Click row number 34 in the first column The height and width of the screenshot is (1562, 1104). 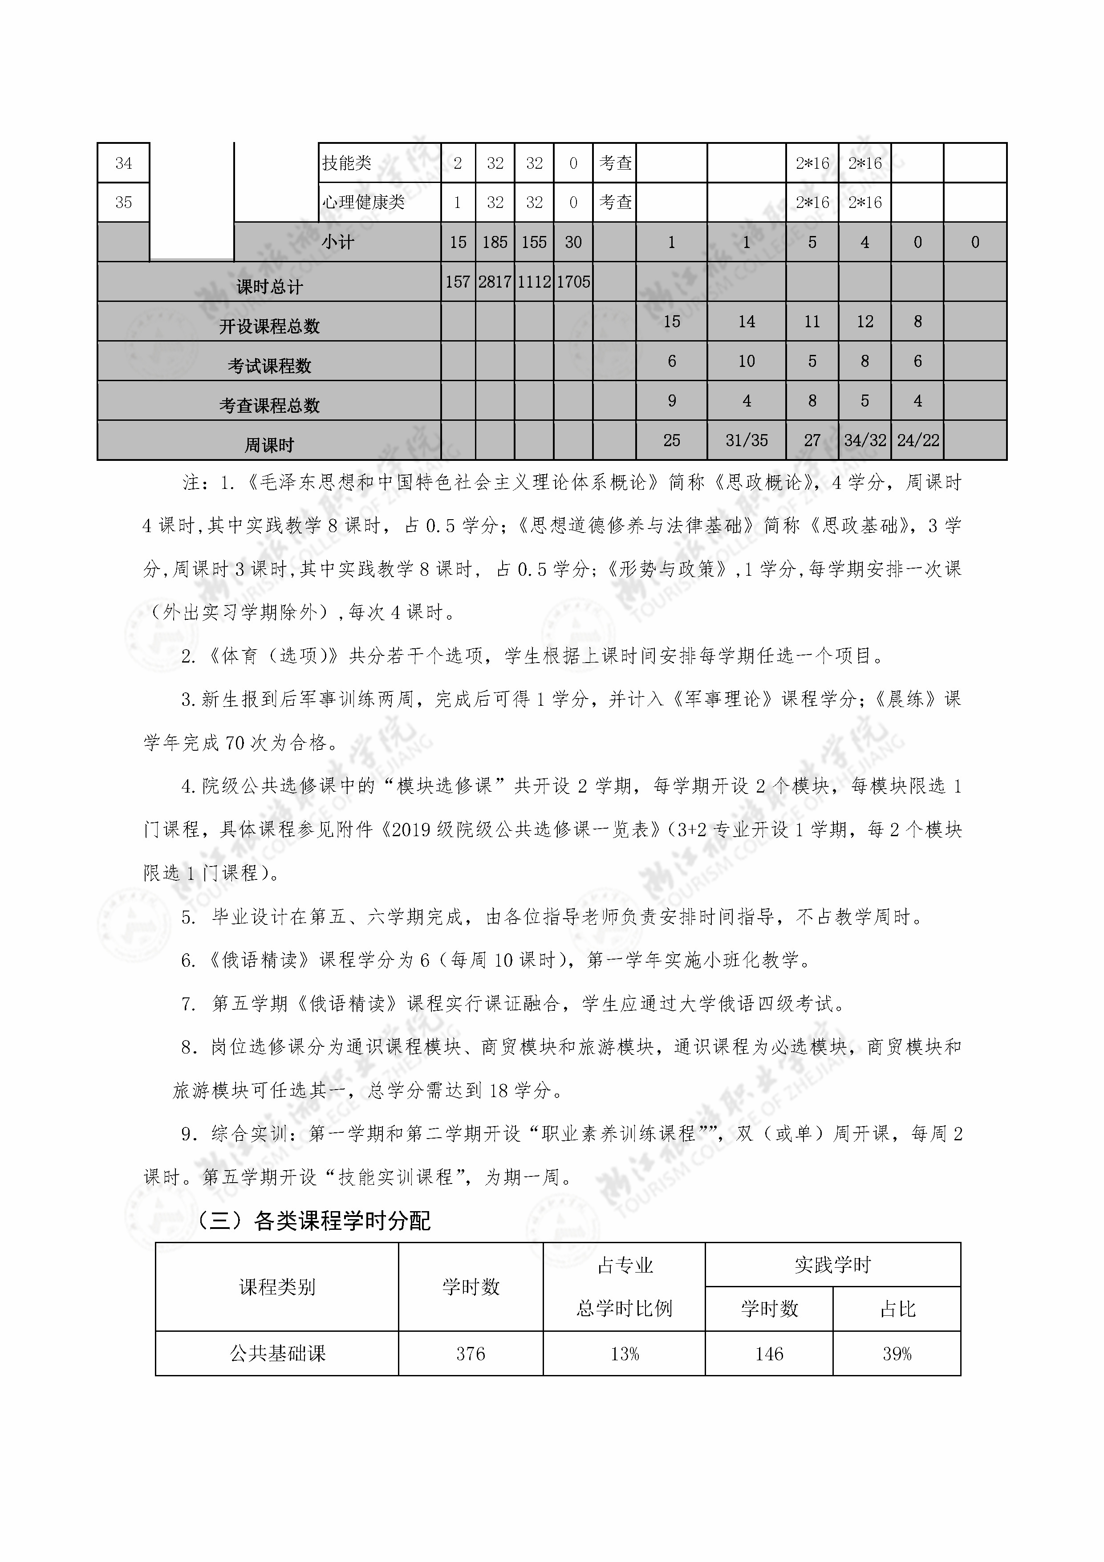pos(123,163)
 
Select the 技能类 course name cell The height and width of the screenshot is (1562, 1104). pos(347,163)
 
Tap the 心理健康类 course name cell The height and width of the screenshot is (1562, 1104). pos(363,203)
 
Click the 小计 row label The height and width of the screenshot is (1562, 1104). pos(337,242)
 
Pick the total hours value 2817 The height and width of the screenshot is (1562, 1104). pos(495,282)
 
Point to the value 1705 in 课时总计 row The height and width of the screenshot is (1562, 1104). pos(573,282)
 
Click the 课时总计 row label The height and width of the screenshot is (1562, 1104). pos(269,286)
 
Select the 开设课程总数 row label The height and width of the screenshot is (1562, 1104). pos(269,326)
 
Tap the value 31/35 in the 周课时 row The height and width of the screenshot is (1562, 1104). pos(746,441)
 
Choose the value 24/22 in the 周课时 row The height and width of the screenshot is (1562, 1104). pos(917,441)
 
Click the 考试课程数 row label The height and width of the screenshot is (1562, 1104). pos(269,366)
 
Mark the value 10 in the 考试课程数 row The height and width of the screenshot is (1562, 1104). pos(746,361)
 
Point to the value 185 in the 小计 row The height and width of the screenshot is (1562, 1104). pos(495,242)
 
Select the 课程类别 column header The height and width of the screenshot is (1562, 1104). pos(277,1286)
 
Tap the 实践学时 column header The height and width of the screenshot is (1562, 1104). pos(832,1265)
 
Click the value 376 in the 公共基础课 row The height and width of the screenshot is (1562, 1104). pos(471,1354)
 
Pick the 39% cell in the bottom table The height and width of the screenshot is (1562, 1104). pos(897,1354)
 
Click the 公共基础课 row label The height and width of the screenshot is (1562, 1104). pos(277,1354)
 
